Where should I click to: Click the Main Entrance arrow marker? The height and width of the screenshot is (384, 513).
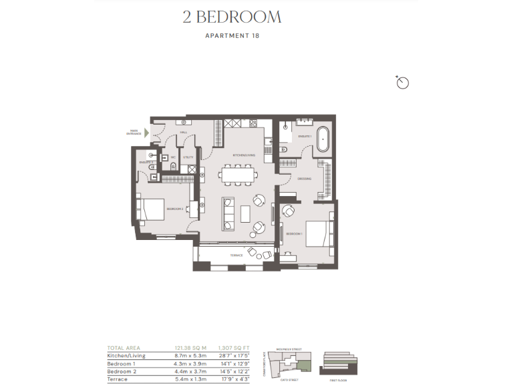pos(147,133)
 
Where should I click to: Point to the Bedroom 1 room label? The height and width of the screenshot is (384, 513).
pos(295,234)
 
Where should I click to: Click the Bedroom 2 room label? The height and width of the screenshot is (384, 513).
pos(175,209)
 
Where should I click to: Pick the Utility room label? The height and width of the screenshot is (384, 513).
pos(189,157)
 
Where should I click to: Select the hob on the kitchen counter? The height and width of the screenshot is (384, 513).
pos(253,123)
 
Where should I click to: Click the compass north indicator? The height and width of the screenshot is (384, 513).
pos(402,82)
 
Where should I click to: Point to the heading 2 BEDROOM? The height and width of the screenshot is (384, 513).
pos(232,17)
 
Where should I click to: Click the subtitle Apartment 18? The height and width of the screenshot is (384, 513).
pos(232,36)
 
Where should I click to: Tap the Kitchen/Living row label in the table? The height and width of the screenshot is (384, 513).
pos(127,356)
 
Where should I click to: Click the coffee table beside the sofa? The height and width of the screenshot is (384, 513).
pos(245,212)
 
